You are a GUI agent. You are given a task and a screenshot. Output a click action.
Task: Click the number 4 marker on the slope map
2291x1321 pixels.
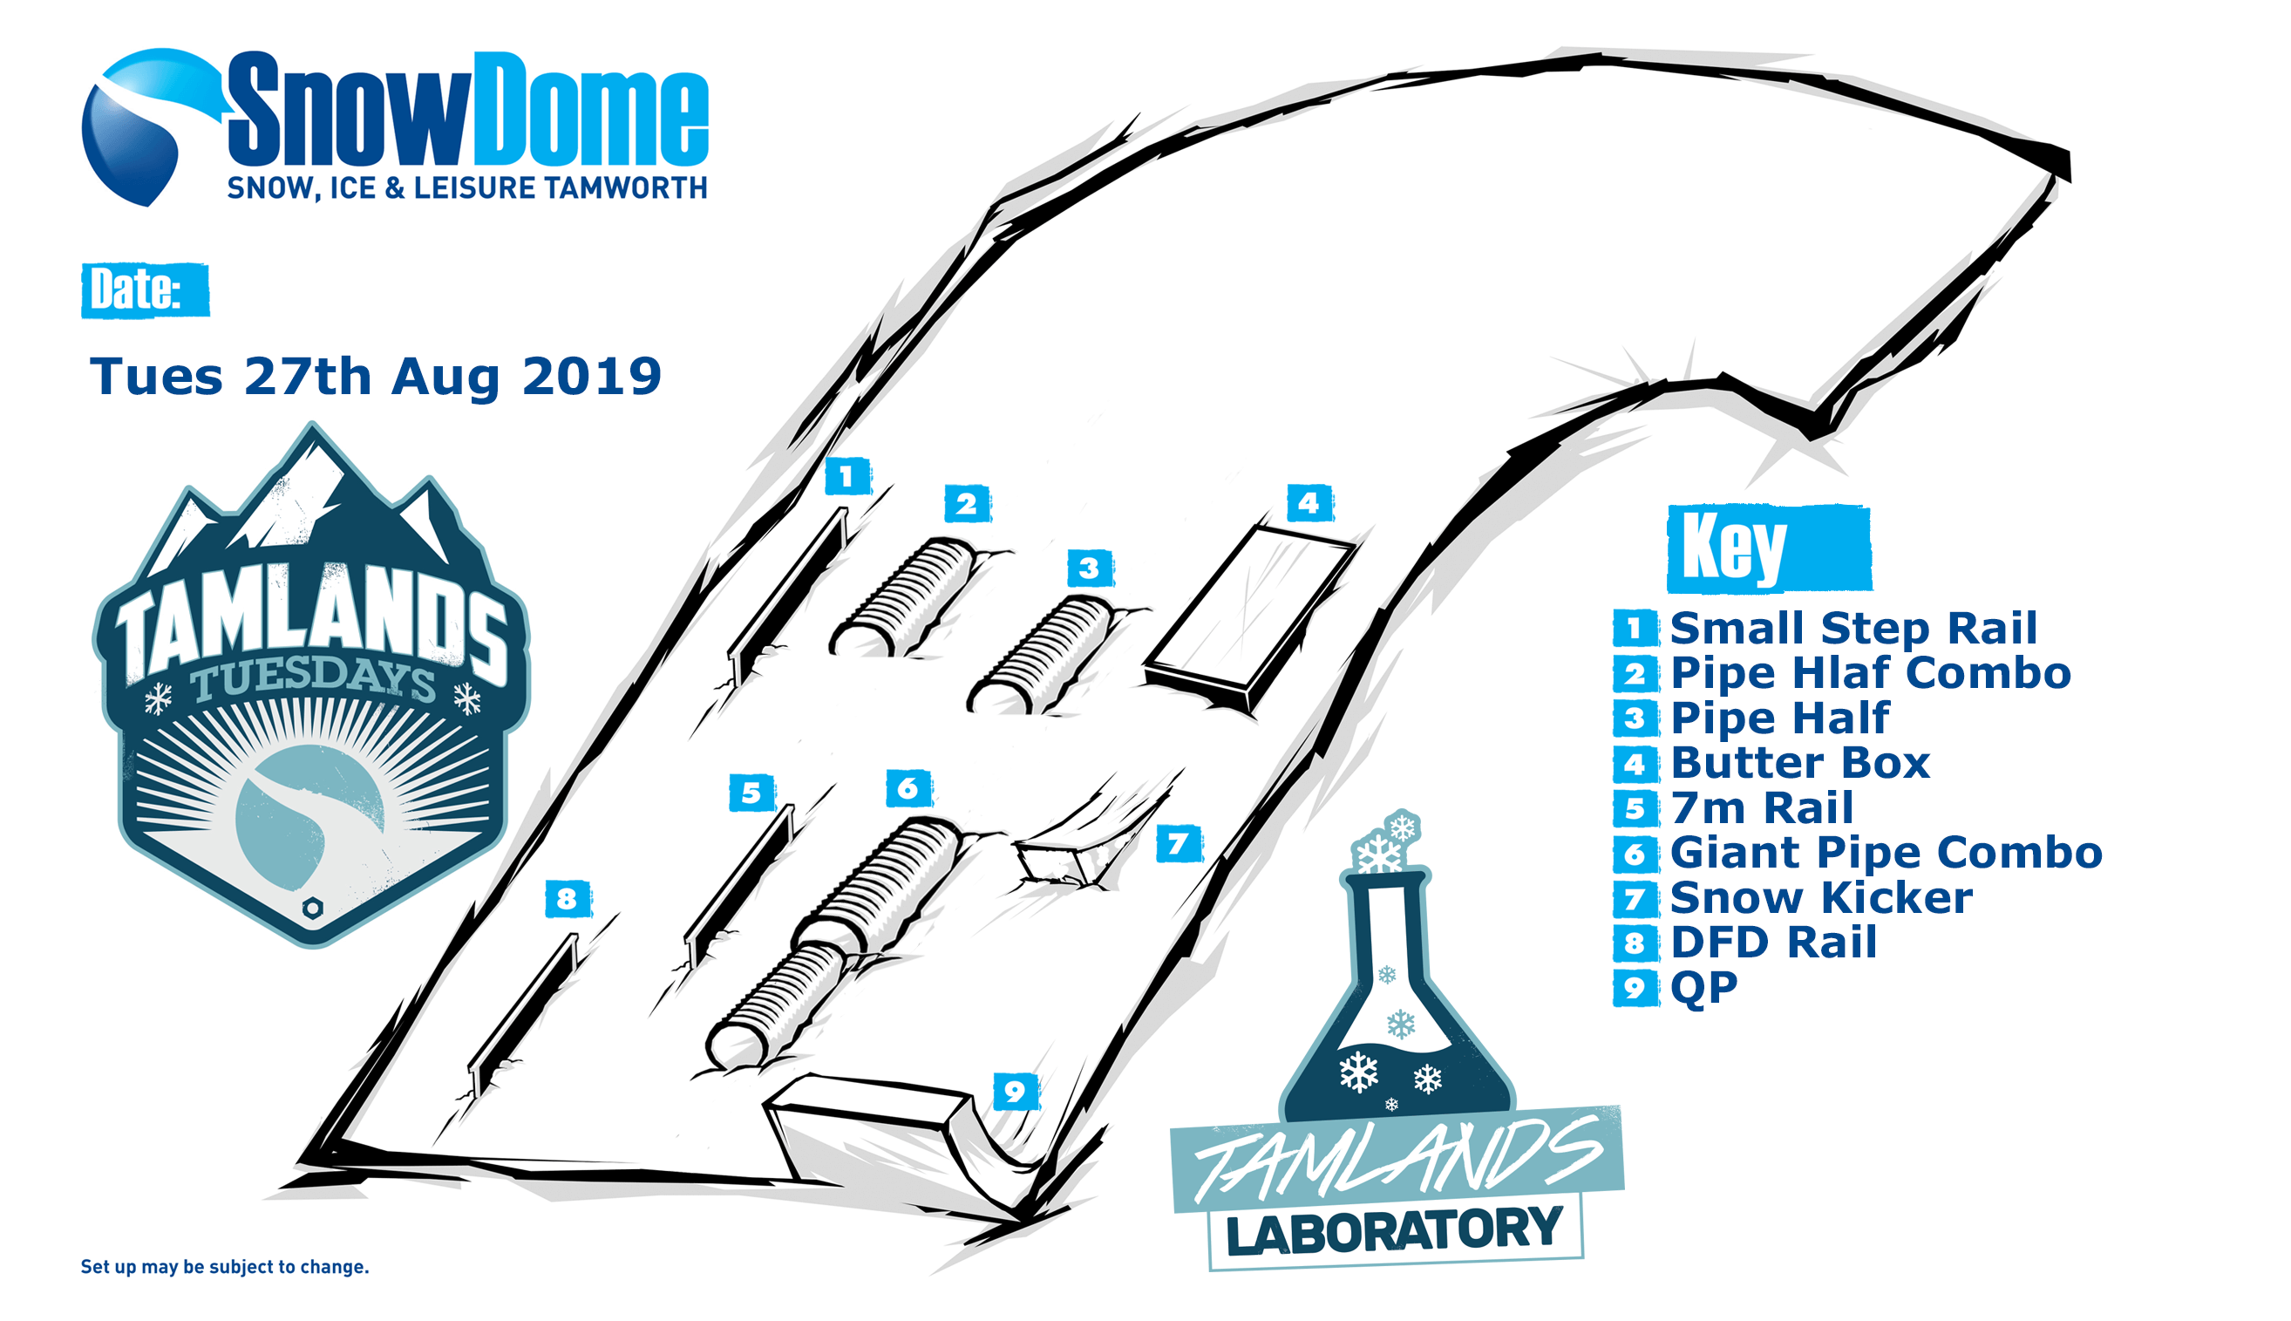[1309, 502]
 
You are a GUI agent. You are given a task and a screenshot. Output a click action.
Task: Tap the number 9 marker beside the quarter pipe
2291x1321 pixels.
[1015, 1091]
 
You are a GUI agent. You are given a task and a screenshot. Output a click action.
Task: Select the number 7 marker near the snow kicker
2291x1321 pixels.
[1179, 844]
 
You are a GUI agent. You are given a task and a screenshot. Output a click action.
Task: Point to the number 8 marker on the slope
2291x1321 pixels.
[568, 898]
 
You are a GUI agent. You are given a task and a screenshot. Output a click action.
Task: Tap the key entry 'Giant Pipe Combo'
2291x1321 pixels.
[1886, 852]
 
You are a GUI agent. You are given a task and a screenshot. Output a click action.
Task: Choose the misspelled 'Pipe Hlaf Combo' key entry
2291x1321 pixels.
[1870, 673]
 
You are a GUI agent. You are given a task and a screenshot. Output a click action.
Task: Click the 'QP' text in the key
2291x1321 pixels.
[1703, 988]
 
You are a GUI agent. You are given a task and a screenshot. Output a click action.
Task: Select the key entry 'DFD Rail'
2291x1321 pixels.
[1773, 942]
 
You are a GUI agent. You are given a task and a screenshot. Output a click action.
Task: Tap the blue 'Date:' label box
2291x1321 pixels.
[145, 290]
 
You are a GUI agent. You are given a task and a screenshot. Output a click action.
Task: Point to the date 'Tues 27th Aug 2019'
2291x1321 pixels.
[376, 376]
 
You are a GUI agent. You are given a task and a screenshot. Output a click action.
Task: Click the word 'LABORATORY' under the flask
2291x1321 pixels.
[1394, 1230]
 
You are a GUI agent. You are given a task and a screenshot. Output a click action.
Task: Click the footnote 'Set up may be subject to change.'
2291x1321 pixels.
[225, 1267]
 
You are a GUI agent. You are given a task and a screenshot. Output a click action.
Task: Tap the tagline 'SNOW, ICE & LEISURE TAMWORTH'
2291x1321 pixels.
[467, 187]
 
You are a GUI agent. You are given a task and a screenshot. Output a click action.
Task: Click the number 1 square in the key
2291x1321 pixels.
[1635, 628]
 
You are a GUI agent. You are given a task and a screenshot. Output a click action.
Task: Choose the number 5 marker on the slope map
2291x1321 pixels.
[751, 792]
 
